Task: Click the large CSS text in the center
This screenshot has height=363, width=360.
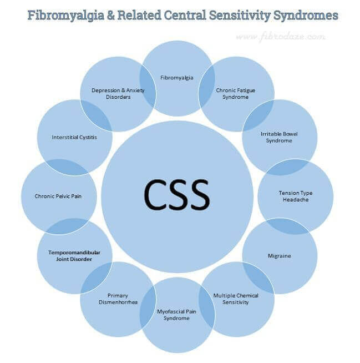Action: click(x=177, y=194)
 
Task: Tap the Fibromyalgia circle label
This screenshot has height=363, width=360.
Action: click(x=177, y=78)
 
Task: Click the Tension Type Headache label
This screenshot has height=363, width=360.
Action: click(x=295, y=196)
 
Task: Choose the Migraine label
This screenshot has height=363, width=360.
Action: click(x=279, y=256)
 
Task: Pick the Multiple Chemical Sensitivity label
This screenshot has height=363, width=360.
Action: click(x=236, y=299)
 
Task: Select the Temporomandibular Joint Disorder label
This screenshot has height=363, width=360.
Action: click(x=74, y=255)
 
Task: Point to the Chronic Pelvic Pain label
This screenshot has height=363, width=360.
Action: click(x=58, y=196)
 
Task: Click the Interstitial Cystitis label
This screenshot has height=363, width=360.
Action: click(x=74, y=137)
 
